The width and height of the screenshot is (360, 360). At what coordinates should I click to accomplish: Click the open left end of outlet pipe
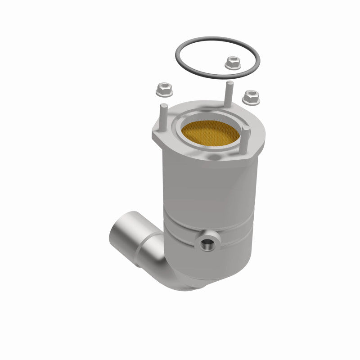click(118, 236)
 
